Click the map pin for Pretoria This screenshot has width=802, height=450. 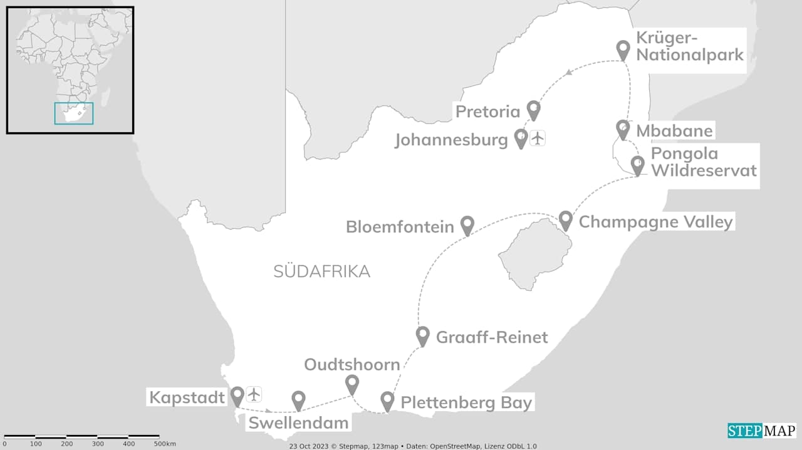(x=533, y=110)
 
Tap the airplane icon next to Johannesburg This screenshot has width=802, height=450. (x=538, y=138)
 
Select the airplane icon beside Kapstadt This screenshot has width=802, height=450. (x=254, y=394)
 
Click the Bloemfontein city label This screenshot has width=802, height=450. (x=400, y=226)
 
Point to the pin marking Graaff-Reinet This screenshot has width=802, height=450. (x=423, y=335)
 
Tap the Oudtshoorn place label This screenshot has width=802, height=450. (x=352, y=364)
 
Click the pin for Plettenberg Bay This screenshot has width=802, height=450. (x=387, y=400)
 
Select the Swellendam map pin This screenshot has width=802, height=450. (x=299, y=400)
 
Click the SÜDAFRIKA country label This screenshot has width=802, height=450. (x=321, y=271)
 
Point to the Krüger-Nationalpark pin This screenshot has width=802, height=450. (x=623, y=49)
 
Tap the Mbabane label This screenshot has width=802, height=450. (x=674, y=131)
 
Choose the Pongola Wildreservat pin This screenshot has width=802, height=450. (x=637, y=165)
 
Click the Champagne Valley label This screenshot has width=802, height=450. (x=655, y=222)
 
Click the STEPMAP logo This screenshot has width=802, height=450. (x=761, y=431)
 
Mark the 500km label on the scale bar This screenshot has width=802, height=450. (x=165, y=444)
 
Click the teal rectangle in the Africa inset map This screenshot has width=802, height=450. (x=74, y=113)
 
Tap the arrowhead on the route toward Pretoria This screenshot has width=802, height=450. (x=568, y=73)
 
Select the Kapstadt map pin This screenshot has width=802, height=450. (x=237, y=395)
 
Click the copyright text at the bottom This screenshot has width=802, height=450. (x=413, y=446)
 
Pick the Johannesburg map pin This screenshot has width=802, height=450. (x=521, y=138)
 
